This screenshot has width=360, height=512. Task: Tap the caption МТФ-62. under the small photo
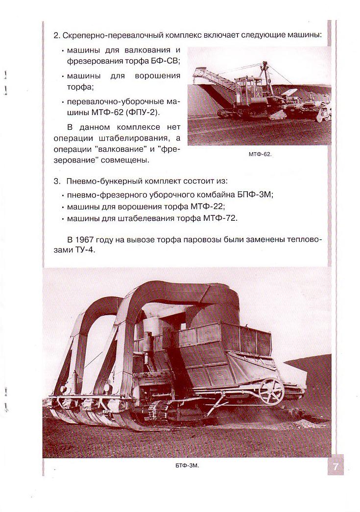(260, 154)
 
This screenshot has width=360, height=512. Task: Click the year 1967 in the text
(83, 239)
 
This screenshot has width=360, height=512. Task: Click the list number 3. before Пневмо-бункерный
(57, 181)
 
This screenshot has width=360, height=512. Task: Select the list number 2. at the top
(57, 35)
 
